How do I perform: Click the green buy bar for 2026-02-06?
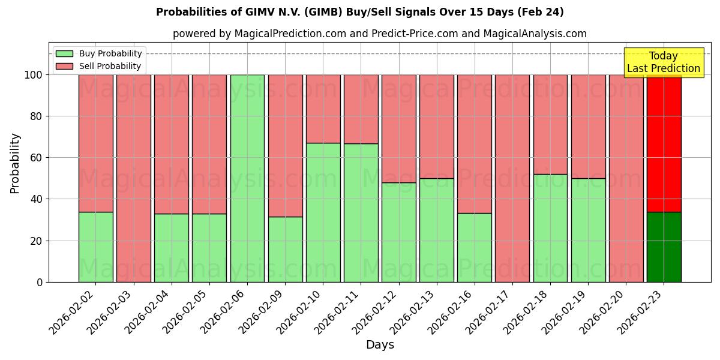pyautogui.click(x=247, y=178)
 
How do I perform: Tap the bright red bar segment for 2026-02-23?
pyautogui.click(x=664, y=143)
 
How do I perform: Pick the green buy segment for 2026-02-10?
pyautogui.click(x=323, y=212)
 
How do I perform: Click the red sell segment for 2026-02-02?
pyautogui.click(x=95, y=143)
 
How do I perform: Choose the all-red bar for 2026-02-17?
pyautogui.click(x=512, y=178)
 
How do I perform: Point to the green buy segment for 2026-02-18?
pyautogui.click(x=550, y=228)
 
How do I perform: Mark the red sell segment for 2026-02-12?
pyautogui.click(x=398, y=128)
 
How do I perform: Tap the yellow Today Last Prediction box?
pyautogui.click(x=663, y=62)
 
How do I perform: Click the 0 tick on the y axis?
pyautogui.click(x=40, y=282)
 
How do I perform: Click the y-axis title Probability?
pyautogui.click(x=15, y=163)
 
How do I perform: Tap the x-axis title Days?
pyautogui.click(x=380, y=345)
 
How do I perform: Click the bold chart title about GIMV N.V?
pyautogui.click(x=359, y=12)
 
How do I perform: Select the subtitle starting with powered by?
pyautogui.click(x=379, y=34)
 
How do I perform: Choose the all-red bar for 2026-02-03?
pyautogui.click(x=133, y=178)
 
